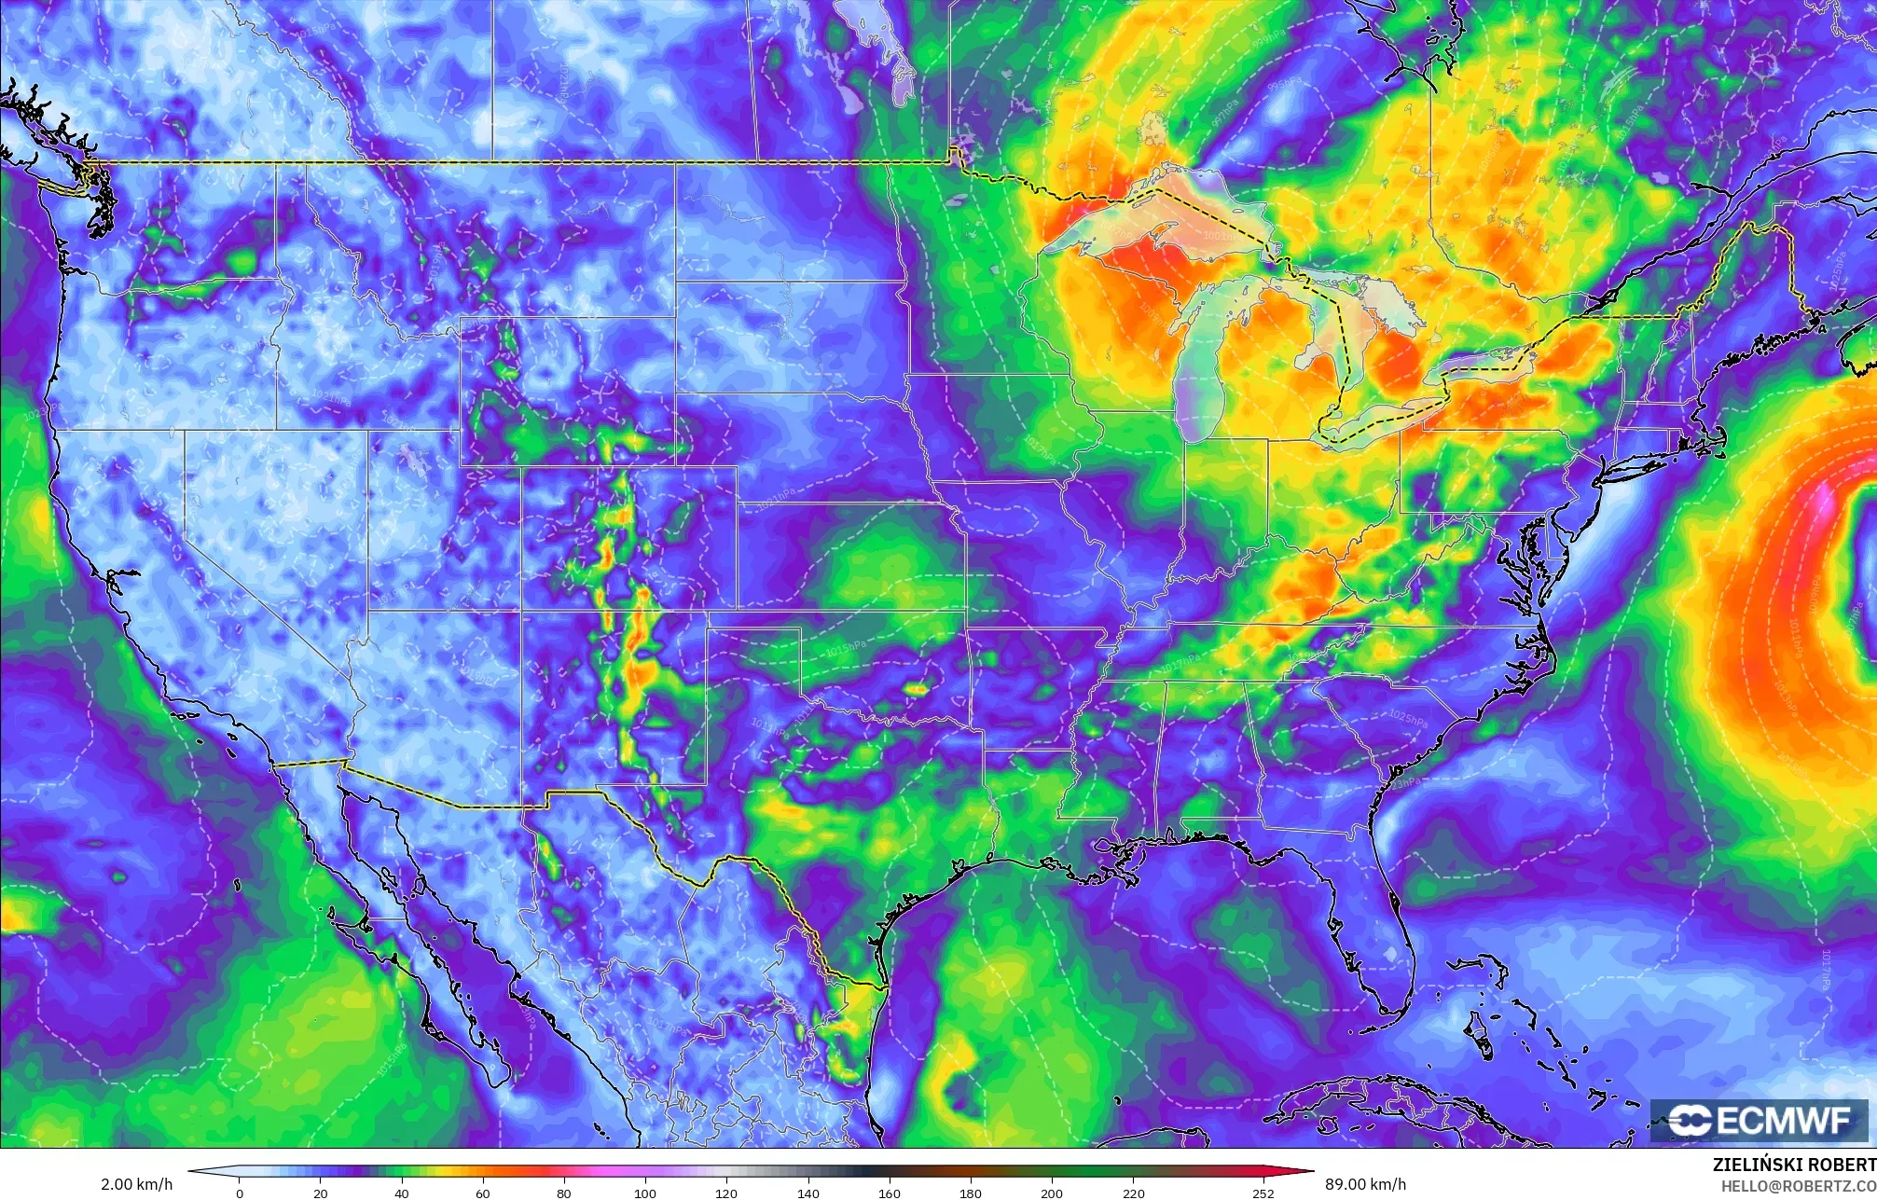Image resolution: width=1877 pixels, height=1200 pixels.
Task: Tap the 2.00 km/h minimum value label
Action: click(x=136, y=1184)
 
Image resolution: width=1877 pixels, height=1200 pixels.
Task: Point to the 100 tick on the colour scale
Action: click(x=645, y=1193)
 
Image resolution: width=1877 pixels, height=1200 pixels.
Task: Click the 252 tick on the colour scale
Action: click(x=1263, y=1193)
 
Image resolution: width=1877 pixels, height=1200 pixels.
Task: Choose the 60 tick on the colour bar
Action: click(x=483, y=1193)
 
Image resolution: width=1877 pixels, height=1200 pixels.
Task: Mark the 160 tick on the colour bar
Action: click(x=890, y=1193)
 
